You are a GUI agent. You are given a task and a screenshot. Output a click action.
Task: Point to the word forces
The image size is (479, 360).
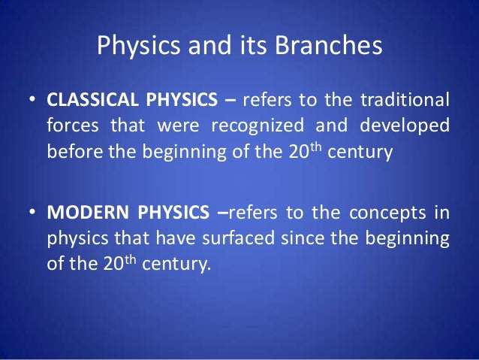point(71,126)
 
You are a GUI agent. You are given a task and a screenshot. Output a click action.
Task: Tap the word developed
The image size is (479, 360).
point(406,126)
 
